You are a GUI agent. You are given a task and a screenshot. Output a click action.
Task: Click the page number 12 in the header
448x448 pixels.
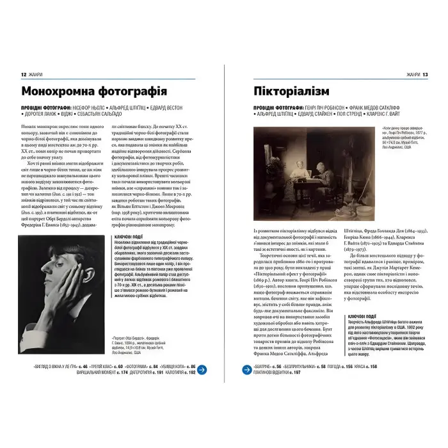pyautogui.click(x=23, y=75)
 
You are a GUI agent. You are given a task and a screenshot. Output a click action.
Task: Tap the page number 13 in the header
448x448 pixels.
pyautogui.click(x=424, y=75)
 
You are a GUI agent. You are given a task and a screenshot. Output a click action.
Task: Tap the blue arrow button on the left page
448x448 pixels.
pyautogui.click(x=202, y=369)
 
